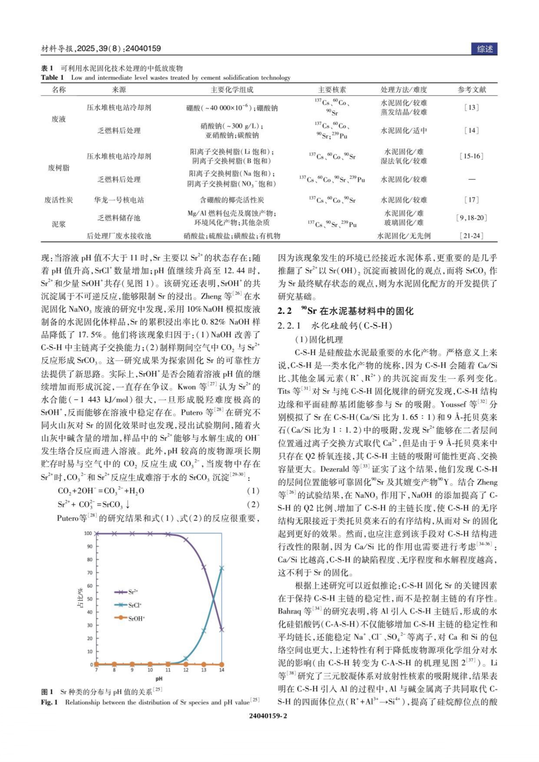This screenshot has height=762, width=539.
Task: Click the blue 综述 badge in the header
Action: [x=484, y=49]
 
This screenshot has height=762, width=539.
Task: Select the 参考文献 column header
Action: [x=472, y=89]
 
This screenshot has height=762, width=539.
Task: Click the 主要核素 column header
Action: [x=332, y=89]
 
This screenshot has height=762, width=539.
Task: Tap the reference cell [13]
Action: [x=472, y=107]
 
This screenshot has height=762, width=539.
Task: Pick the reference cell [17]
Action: [x=472, y=200]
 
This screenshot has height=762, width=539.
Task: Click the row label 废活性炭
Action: [x=59, y=200]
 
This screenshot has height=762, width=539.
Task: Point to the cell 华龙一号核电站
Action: [x=119, y=200]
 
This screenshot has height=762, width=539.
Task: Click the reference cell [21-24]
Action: [x=472, y=236]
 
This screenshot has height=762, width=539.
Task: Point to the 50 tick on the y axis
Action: [x=90, y=599]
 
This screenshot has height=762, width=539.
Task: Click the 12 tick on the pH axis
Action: [x=186, y=670]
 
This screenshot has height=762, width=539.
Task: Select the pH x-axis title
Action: [x=159, y=678]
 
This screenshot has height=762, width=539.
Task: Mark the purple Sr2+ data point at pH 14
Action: [x=222, y=629]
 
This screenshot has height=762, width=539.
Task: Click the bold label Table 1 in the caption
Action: [x=52, y=78]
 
